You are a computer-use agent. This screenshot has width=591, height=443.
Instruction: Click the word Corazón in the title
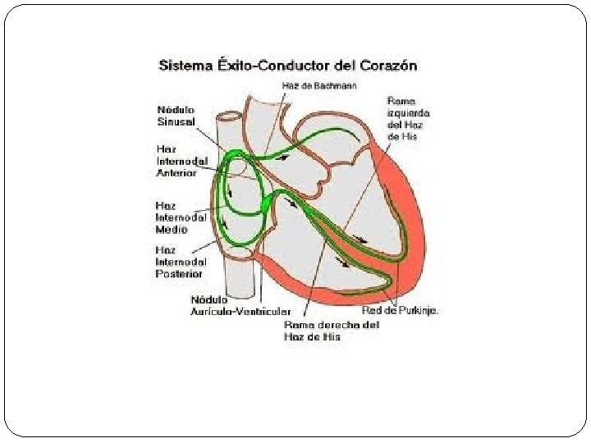385,65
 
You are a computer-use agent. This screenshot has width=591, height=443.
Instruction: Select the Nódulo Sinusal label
176,116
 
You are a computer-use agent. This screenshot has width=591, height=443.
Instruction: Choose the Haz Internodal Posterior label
180,262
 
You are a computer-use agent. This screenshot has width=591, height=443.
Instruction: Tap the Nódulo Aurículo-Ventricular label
240,306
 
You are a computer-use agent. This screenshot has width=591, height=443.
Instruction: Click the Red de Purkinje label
400,311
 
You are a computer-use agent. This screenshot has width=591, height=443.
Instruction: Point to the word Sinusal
176,121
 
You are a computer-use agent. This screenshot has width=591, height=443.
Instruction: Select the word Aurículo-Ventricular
240,313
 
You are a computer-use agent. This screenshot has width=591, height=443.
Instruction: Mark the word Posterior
180,273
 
